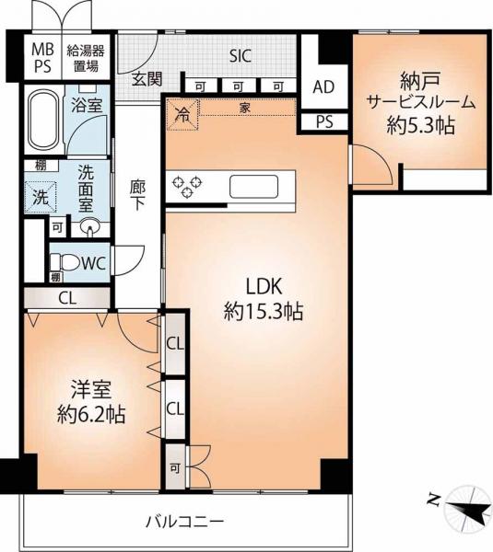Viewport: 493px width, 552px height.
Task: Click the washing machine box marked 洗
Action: [x=41, y=197]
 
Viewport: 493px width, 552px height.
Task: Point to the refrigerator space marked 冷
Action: [x=182, y=115]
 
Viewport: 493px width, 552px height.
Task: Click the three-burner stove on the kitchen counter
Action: [x=187, y=186]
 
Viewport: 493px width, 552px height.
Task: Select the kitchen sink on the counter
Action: [x=253, y=187]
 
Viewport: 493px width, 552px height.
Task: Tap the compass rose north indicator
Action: [x=467, y=506]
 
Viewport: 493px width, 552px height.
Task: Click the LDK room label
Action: [x=264, y=286]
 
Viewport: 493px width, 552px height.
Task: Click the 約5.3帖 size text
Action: [x=421, y=125]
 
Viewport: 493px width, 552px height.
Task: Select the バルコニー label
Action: [x=185, y=521]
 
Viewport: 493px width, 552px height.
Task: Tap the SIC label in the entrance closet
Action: [x=241, y=55]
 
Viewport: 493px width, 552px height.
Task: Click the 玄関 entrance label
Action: [x=147, y=79]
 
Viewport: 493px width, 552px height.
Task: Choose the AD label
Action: [x=323, y=87]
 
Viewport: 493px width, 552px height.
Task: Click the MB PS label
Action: [x=42, y=58]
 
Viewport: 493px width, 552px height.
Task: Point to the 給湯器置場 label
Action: [x=86, y=58]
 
